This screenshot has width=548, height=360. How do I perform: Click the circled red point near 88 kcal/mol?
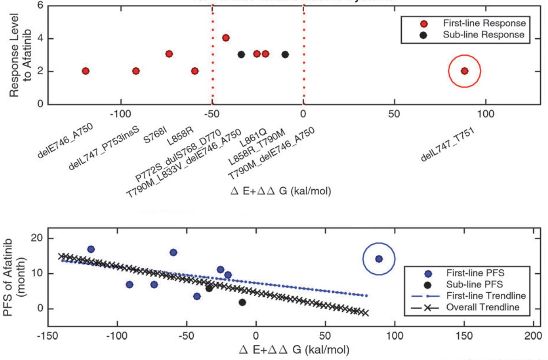click(464, 71)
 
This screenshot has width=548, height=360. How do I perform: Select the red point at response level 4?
click(225, 38)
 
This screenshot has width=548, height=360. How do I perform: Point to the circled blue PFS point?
click(378, 259)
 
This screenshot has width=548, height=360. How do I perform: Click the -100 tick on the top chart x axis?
click(120, 114)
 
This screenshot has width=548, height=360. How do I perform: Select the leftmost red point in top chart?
click(85, 71)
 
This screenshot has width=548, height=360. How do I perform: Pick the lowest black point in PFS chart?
click(242, 302)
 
